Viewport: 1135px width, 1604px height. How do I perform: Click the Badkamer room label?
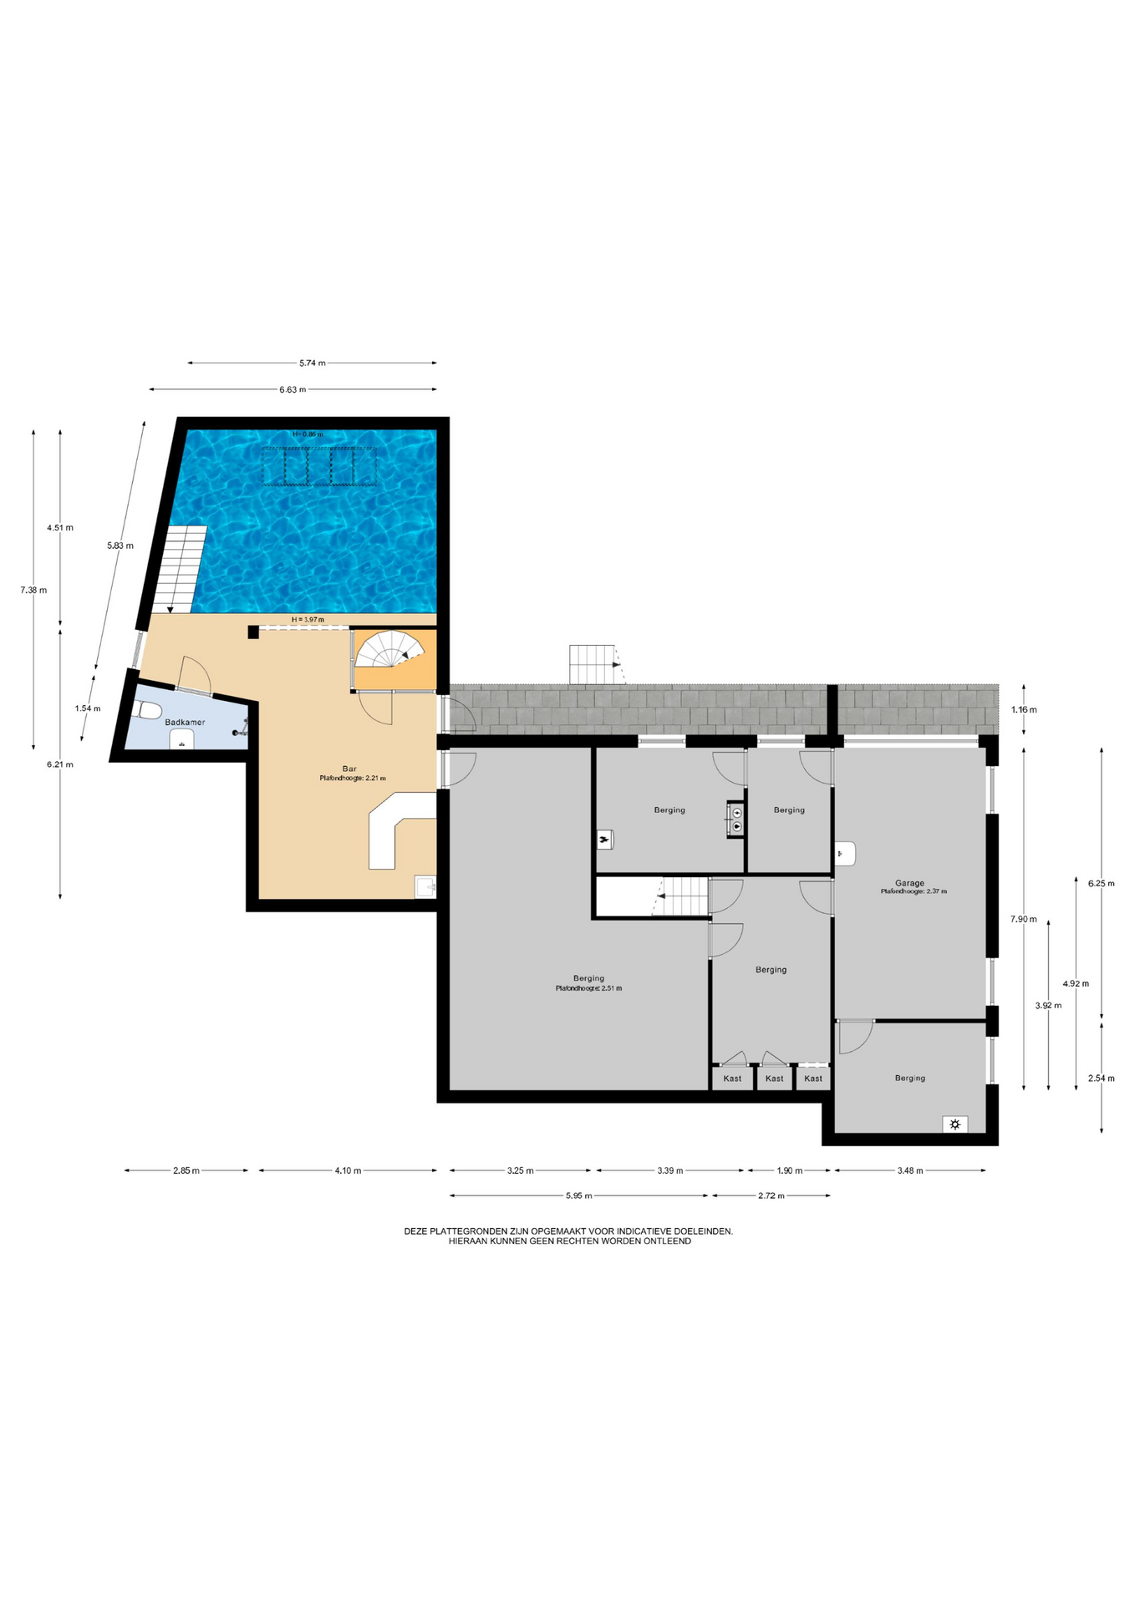pos(185,722)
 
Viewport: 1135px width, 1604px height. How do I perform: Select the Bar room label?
pos(349,769)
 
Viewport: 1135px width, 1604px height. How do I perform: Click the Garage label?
pos(909,883)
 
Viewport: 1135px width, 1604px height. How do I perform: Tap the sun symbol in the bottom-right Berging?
pos(954,1124)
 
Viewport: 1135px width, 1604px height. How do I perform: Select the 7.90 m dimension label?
pos(1023,919)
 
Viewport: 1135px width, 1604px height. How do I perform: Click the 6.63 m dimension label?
pos(293,389)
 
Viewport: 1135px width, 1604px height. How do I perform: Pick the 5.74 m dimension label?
pos(313,363)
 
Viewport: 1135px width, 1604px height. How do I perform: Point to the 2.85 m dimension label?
pos(186,1170)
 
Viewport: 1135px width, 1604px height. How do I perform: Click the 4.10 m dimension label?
pos(348,1170)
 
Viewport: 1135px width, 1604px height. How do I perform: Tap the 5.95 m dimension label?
pos(578,1195)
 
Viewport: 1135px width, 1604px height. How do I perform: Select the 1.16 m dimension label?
pos(1024,709)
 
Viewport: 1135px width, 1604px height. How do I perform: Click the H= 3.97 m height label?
pos(308,619)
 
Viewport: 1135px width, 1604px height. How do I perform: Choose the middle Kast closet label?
pos(775,1079)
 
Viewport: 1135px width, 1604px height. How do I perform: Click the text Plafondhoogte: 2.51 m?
pos(588,988)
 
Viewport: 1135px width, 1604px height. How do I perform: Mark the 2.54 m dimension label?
pos(1101,1078)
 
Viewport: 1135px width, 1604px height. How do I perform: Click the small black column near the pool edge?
pos(253,632)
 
